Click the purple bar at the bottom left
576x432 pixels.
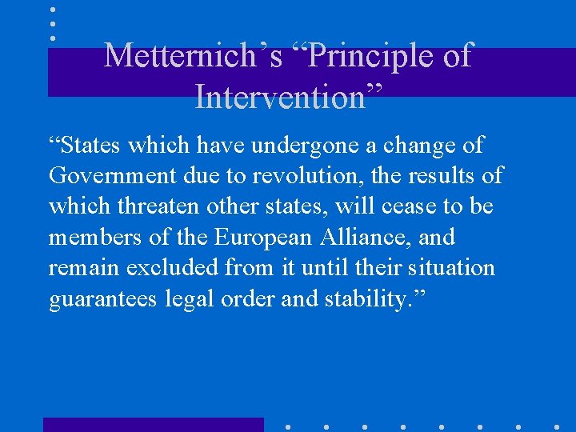[x=153, y=425]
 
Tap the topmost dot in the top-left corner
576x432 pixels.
[x=53, y=10]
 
